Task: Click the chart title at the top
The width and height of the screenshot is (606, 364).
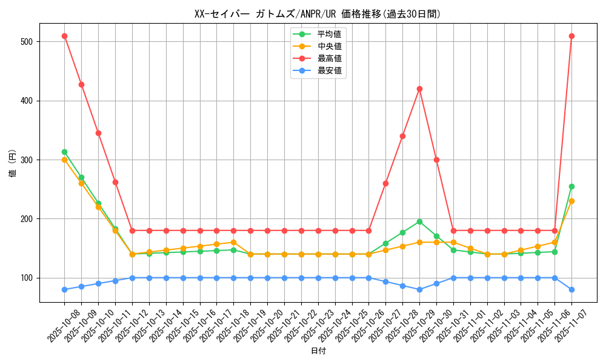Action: pos(318,13)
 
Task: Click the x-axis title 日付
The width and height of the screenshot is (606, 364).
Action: pos(318,351)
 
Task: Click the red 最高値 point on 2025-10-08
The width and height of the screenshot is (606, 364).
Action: pos(64,36)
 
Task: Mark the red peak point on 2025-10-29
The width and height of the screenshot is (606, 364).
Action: pos(419,89)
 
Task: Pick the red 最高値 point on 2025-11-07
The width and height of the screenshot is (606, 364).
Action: pos(571,36)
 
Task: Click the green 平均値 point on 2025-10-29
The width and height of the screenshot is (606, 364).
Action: pos(419,221)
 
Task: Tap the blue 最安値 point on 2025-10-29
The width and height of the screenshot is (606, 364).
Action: pos(419,289)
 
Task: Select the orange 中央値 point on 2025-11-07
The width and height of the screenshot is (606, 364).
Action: pos(571,201)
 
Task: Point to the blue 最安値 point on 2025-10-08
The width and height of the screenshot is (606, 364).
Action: pos(64,289)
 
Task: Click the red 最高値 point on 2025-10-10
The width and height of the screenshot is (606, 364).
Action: pos(98,133)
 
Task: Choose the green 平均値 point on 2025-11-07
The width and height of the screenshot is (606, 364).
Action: pos(571,186)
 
